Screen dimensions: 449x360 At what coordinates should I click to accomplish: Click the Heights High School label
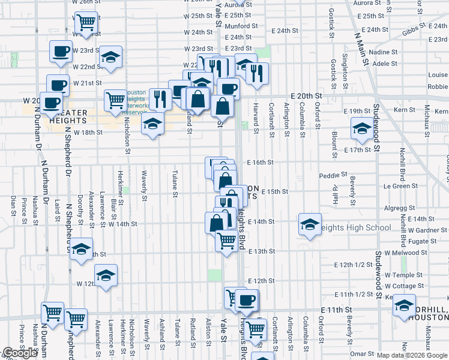[x=358, y=228]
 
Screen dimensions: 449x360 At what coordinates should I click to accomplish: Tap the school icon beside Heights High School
[x=309, y=225]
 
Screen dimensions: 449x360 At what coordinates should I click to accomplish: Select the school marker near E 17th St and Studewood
[x=362, y=128]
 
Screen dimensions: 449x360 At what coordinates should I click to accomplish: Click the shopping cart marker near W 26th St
[x=86, y=22]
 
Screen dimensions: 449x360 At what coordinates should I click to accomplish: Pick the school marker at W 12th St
[x=106, y=275]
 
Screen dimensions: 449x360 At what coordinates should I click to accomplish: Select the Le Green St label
[x=401, y=187]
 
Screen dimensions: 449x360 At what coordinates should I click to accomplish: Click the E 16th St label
[x=261, y=163]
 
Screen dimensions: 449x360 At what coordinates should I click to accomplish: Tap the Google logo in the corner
[x=20, y=353]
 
